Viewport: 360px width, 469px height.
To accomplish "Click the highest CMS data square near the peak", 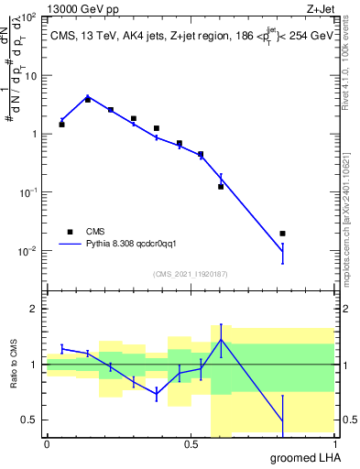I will pyautogui.click(x=88, y=99).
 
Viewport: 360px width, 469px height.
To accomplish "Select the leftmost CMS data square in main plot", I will pyautogui.click(x=61, y=124).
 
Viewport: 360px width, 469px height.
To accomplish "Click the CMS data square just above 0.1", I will pyautogui.click(x=221, y=186).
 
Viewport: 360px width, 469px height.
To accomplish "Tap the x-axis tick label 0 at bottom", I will pyautogui.click(x=47, y=444).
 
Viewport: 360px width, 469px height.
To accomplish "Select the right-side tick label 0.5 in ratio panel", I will pyautogui.click(x=348, y=420).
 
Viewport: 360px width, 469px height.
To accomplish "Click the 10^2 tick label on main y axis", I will pyautogui.click(x=28, y=18).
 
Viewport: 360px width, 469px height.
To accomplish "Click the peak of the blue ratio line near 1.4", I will pyautogui.click(x=221, y=340).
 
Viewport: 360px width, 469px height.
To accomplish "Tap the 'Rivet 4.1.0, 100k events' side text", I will pyautogui.click(x=348, y=73).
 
